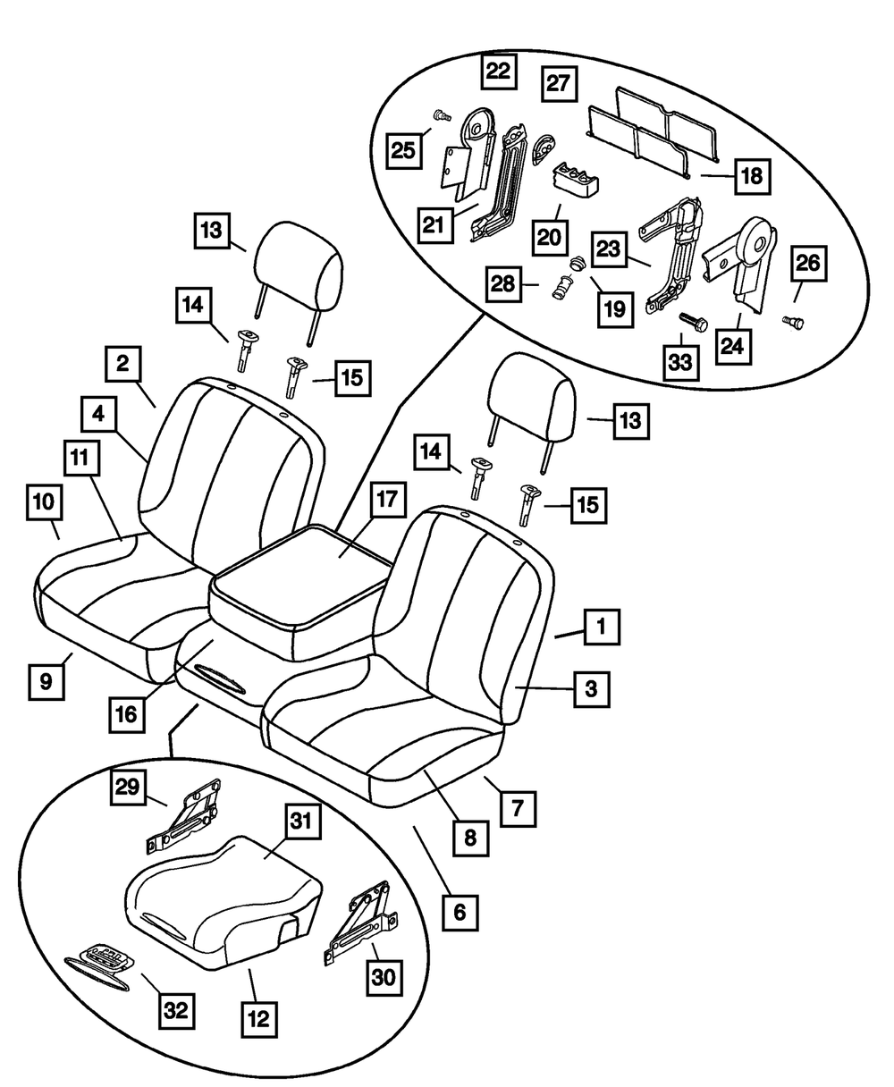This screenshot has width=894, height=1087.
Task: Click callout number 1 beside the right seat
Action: point(602,628)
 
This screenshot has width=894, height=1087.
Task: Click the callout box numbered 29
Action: point(129,788)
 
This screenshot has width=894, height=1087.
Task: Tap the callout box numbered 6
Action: point(460,912)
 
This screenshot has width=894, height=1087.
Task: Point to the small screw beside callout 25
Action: point(439,114)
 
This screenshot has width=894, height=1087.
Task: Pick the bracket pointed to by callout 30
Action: point(362,921)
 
